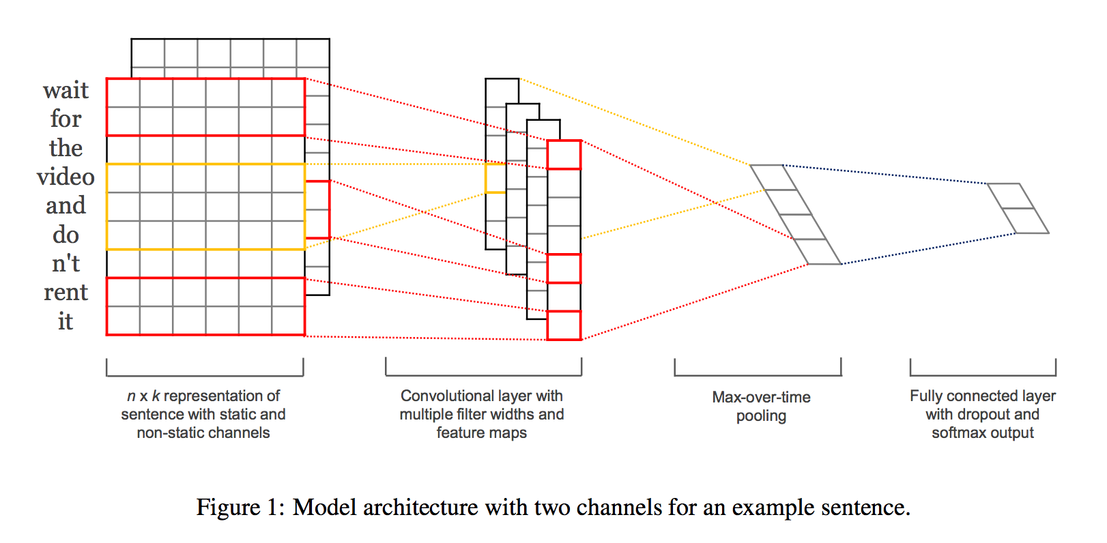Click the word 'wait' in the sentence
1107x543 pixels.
[x=66, y=91]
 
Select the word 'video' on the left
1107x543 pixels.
[x=66, y=177]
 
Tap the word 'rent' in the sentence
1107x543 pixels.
[x=66, y=293]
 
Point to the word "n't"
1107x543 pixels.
[x=66, y=263]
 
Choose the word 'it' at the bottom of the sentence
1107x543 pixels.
[x=66, y=321]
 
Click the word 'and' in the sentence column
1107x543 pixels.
[x=66, y=205]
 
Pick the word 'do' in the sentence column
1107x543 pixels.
[x=66, y=235]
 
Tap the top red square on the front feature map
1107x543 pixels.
[x=564, y=155]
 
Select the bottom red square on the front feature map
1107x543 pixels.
[x=564, y=325]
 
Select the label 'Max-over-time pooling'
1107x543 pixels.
[x=761, y=406]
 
